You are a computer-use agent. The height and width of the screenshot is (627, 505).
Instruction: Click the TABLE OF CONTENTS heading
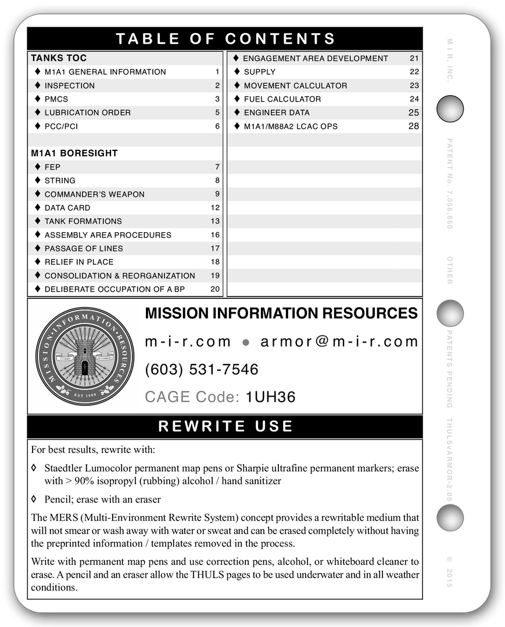[x=225, y=39]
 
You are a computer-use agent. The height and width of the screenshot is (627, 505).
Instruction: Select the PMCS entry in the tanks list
[x=56, y=99]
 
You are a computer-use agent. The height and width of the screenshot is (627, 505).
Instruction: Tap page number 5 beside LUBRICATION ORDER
[x=217, y=113]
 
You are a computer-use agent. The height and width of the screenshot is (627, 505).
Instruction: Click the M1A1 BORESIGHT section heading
[x=74, y=153]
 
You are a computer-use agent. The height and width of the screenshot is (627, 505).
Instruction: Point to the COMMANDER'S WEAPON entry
[x=94, y=194]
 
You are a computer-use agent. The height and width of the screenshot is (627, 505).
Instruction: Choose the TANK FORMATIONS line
[x=83, y=221]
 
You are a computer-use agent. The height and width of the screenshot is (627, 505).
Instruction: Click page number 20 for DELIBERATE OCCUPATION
[x=215, y=289]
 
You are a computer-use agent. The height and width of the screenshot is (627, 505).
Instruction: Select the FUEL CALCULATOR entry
[x=282, y=99]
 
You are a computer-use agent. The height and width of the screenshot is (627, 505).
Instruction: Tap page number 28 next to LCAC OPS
[x=413, y=126]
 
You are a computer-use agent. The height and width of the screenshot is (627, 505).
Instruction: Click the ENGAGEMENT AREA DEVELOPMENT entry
[x=315, y=59]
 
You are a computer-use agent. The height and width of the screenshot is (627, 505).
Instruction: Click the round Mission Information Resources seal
[x=85, y=356]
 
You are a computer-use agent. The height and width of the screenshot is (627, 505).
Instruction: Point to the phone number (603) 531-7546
[x=202, y=370]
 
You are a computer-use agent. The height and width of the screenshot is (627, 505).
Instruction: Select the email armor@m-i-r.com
[x=339, y=342]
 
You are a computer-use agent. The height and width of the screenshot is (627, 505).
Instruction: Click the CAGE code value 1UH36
[x=270, y=397]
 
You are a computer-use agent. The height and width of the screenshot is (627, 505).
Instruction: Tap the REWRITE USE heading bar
[x=225, y=427]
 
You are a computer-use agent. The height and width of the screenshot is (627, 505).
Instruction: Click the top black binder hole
[x=450, y=109]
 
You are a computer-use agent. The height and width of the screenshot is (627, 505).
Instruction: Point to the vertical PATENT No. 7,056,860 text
[x=449, y=183]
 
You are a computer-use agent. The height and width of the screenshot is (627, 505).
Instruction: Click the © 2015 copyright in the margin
[x=449, y=572]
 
